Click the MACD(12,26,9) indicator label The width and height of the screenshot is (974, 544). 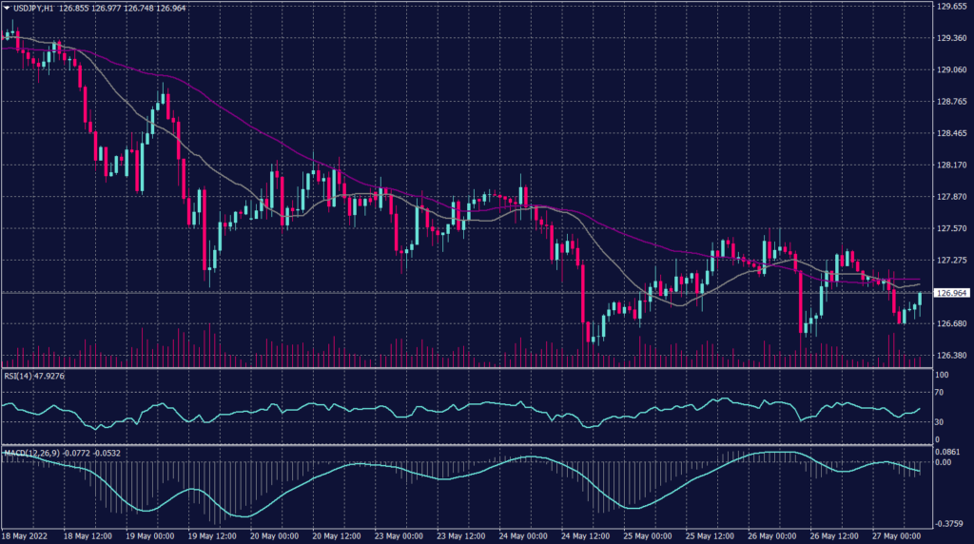29,452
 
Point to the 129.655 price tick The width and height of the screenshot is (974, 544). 952,7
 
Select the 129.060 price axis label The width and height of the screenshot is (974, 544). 952,69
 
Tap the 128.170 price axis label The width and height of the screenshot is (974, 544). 952,165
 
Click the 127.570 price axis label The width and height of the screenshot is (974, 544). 952,228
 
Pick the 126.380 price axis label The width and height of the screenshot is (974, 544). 952,355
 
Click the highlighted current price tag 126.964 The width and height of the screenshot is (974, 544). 952,293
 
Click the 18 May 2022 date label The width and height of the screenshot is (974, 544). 26,535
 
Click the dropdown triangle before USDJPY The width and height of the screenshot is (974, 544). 7,8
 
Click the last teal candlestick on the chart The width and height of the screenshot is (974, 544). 920,301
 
